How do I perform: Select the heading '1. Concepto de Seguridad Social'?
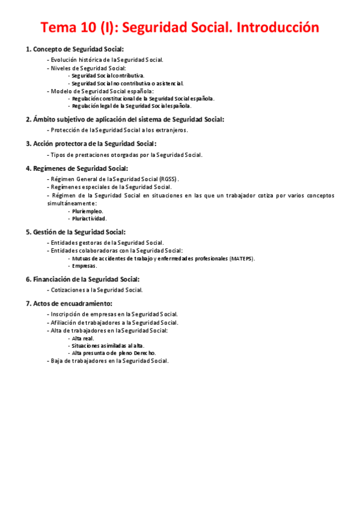[75, 49]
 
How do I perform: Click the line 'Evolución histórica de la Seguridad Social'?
[106, 60]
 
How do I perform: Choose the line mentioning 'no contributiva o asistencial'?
[127, 84]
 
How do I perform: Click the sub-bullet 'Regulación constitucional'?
[142, 98]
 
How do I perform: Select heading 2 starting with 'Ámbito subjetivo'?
[125, 119]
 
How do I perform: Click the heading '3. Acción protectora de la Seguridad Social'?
[91, 144]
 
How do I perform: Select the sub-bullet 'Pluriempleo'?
[87, 211]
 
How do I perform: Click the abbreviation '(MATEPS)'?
[242, 259]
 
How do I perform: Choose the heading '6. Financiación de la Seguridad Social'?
[83, 279]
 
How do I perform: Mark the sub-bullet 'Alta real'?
[83, 339]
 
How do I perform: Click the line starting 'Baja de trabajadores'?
[109, 361]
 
